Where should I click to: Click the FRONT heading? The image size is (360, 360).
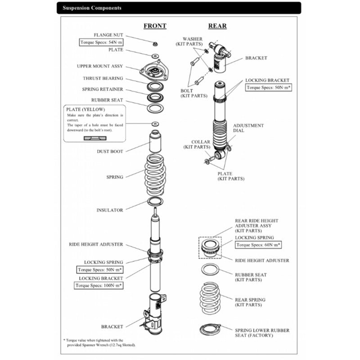click(x=155, y=26)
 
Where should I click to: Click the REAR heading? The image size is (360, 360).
click(x=217, y=26)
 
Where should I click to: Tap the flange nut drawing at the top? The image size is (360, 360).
click(x=154, y=44)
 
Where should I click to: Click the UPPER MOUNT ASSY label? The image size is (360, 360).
click(x=100, y=66)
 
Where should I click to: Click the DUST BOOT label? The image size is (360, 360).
click(x=110, y=152)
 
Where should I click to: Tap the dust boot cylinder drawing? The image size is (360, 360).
click(x=155, y=142)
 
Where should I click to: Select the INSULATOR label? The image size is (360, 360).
click(x=109, y=210)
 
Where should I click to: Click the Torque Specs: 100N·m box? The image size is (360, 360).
click(x=99, y=285)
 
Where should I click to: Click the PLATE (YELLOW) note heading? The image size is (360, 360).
click(x=85, y=109)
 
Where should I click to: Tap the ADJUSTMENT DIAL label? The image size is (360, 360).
click(x=248, y=128)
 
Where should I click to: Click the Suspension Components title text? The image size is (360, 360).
click(x=92, y=8)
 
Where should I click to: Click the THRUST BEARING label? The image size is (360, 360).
click(x=103, y=78)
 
